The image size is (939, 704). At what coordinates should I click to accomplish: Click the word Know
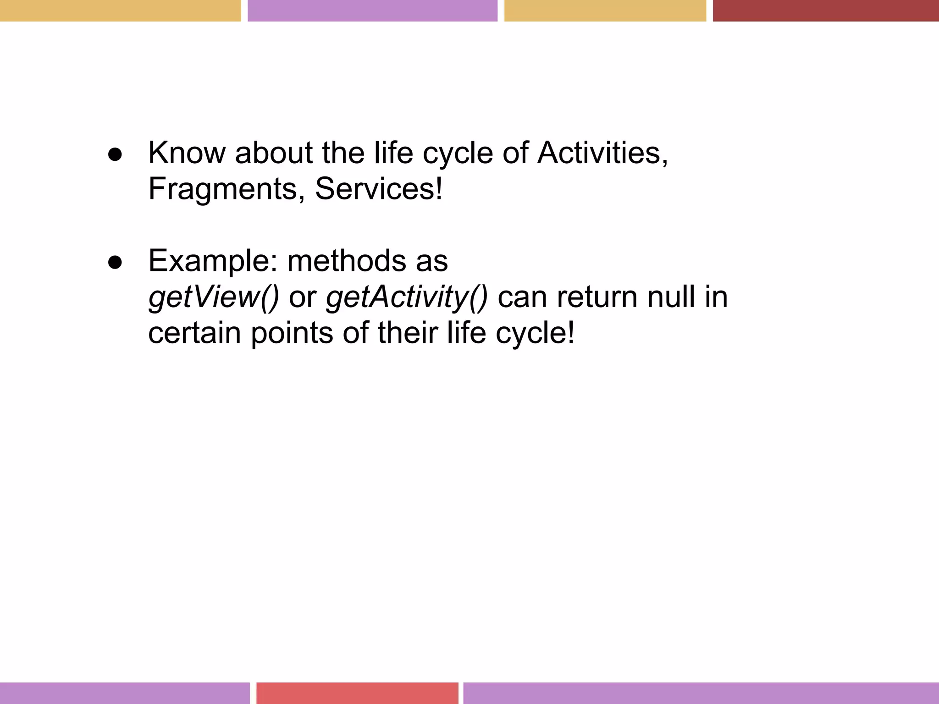(187, 153)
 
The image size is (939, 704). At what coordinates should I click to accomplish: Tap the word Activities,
(602, 153)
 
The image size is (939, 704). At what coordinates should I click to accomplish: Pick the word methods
(347, 261)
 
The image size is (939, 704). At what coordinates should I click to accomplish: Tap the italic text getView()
(214, 297)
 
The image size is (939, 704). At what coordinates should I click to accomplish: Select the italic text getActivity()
(407, 297)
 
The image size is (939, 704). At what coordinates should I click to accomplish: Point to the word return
(597, 297)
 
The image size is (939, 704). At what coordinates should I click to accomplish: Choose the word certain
(194, 333)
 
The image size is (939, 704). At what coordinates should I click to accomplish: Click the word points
(292, 333)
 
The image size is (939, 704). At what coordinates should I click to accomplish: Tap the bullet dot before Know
(115, 155)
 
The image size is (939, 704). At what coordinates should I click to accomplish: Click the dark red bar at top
(825, 11)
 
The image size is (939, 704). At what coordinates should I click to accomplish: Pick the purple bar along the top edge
(372, 11)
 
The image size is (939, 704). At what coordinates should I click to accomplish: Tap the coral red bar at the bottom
(357, 693)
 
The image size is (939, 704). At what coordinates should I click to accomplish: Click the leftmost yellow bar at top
(120, 11)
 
